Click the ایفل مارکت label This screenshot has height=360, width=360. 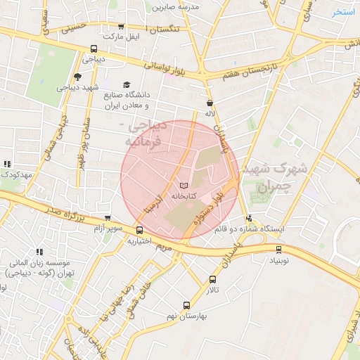[x=123, y=35]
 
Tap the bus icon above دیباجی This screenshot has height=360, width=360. [x=94, y=49]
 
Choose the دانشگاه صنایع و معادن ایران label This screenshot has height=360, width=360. [x=126, y=99]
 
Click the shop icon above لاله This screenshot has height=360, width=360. [x=209, y=102]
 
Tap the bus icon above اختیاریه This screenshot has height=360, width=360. [x=139, y=230]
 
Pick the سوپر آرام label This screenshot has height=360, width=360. [x=110, y=229]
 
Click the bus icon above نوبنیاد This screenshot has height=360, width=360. [x=278, y=249]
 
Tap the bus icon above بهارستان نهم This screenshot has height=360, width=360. [x=186, y=305]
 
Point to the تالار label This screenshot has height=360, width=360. [x=212, y=290]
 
